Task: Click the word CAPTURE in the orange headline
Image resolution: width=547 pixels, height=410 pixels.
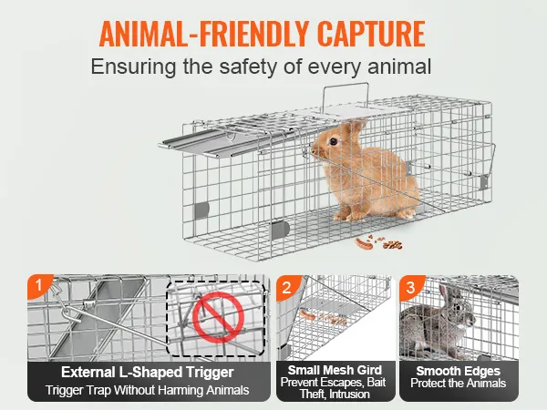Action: point(371,34)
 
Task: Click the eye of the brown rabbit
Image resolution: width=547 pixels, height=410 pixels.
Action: point(334,141)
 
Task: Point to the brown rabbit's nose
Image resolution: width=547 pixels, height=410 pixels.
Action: point(314,150)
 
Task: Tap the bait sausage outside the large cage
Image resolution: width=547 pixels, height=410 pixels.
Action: point(364,243)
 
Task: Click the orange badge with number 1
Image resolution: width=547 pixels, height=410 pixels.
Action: point(39,286)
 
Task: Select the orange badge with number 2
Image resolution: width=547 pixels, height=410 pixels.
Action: point(287,287)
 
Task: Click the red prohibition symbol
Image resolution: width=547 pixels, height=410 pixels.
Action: point(218,317)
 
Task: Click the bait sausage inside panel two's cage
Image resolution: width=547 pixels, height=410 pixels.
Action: point(307,315)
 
